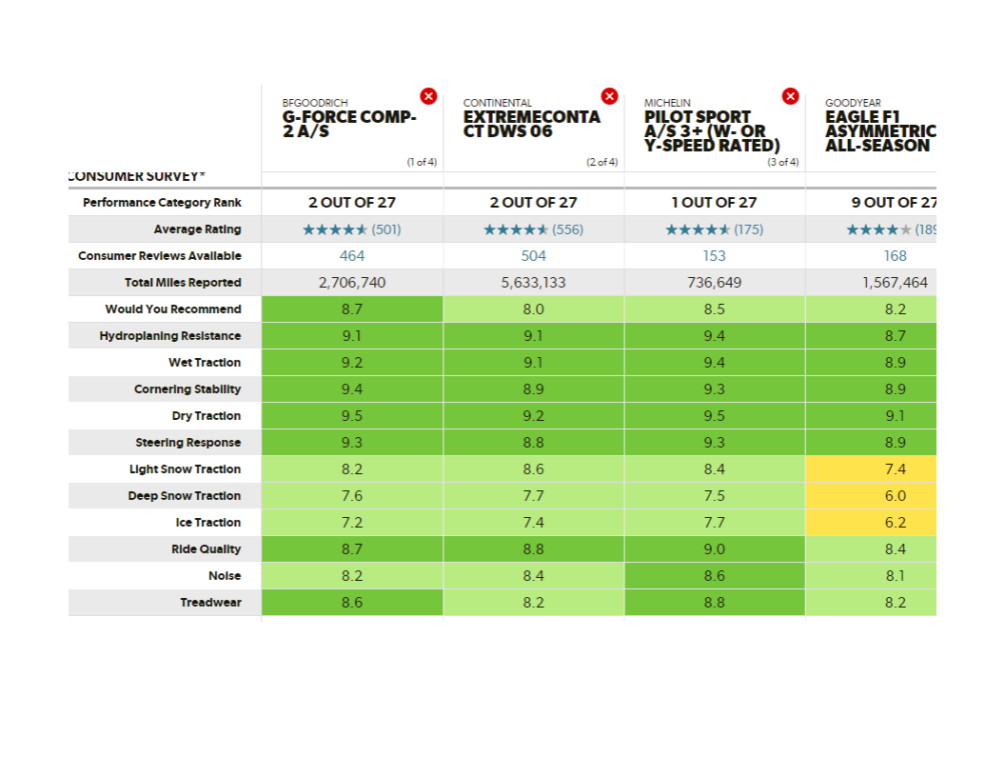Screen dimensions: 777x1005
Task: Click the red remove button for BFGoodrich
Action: pyautogui.click(x=428, y=96)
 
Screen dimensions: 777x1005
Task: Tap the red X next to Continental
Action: pyautogui.click(x=609, y=96)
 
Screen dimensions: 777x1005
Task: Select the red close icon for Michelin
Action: pyautogui.click(x=790, y=96)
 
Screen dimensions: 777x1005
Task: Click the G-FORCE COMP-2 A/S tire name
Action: pyautogui.click(x=348, y=124)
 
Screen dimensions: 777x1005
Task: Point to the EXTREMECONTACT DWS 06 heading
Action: pyautogui.click(x=531, y=124)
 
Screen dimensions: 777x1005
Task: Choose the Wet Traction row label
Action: pyautogui.click(x=204, y=363)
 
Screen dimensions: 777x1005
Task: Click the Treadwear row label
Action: pyautogui.click(x=210, y=603)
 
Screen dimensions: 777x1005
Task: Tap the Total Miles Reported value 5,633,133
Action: pyautogui.click(x=533, y=283)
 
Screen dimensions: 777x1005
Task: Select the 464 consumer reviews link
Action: pyautogui.click(x=352, y=256)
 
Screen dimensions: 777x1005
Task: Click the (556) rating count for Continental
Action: pyautogui.click(x=567, y=229)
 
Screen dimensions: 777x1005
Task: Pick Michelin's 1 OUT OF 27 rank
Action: pyautogui.click(x=714, y=203)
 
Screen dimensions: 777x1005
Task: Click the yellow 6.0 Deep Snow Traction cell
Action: pyautogui.click(x=895, y=496)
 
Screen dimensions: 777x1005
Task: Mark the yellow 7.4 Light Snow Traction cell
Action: pyautogui.click(x=895, y=469)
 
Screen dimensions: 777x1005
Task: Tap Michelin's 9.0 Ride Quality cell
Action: pyautogui.click(x=714, y=549)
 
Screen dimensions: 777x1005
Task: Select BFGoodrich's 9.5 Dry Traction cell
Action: pyautogui.click(x=352, y=416)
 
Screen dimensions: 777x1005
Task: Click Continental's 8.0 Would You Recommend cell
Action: pyautogui.click(x=533, y=309)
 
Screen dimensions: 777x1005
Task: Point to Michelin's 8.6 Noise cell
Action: pyautogui.click(x=714, y=576)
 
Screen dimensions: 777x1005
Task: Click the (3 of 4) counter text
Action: pyautogui.click(x=782, y=163)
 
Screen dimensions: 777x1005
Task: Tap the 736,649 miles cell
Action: pyautogui.click(x=714, y=283)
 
